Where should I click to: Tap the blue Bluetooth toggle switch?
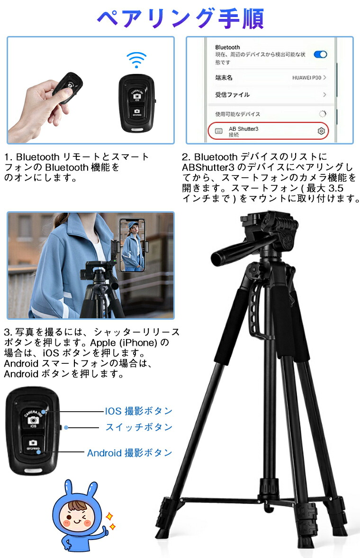coord(321,54)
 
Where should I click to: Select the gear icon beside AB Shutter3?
coord(321,131)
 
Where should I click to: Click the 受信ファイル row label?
coord(232,95)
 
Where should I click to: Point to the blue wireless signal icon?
coord(136,60)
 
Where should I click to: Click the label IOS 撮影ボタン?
coord(138,411)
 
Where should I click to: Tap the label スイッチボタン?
coord(138,427)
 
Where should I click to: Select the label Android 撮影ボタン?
coord(129,453)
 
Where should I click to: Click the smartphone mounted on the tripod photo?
coord(131,245)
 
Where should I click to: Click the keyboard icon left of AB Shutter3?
coord(218,131)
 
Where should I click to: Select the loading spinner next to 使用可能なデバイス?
coord(323,114)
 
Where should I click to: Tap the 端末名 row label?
coord(224,77)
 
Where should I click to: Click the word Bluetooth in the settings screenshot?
coord(227,47)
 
